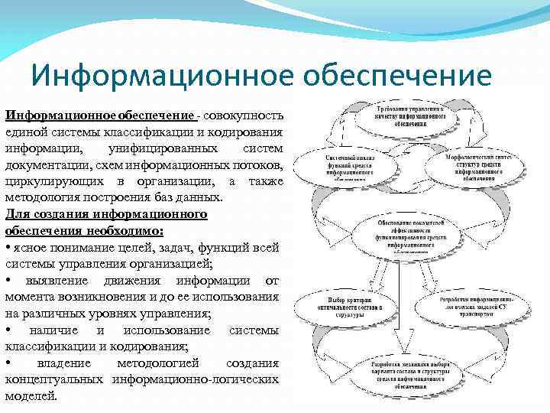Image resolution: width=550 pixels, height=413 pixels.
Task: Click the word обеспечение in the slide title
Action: point(398,76)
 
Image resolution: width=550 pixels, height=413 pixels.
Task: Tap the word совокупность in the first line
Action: point(244,115)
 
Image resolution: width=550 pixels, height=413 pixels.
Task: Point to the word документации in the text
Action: point(44,164)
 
